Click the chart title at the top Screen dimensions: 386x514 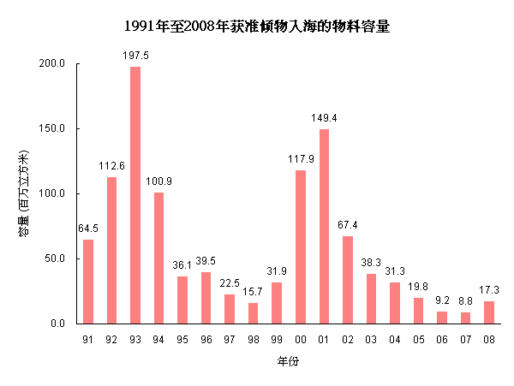tap(257, 27)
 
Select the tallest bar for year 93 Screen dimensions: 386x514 tap(135, 195)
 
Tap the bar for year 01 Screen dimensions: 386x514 tap(324, 226)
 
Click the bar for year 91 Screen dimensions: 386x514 tap(88, 282)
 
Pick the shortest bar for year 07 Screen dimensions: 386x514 tap(465, 318)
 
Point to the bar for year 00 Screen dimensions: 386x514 tap(301, 246)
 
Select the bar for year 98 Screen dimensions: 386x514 tap(254, 313)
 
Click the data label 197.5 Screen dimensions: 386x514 tap(135, 55)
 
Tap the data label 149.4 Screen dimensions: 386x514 tap(324, 117)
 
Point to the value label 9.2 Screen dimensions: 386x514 tap(442, 300)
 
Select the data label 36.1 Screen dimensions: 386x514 tap(182, 265)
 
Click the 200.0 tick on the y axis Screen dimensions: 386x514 tap(53, 63)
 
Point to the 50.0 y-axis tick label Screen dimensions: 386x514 tap(56, 258)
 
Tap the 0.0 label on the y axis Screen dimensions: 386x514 tap(58, 324)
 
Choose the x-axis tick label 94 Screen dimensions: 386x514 tap(159, 340)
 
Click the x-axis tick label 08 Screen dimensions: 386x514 tap(489, 340)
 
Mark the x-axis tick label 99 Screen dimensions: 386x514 tap(277, 340)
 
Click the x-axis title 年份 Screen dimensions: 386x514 tap(288, 363)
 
